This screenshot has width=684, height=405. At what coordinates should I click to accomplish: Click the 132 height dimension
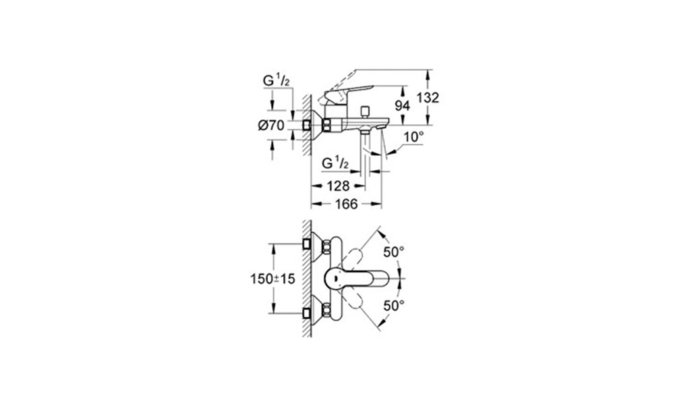[x=428, y=98]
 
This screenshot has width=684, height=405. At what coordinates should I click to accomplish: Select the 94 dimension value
[x=402, y=105]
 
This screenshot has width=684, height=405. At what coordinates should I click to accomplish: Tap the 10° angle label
[x=414, y=137]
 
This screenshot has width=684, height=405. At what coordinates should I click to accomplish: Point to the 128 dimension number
[x=338, y=186]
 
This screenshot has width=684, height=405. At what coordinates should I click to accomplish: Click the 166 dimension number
[x=346, y=204]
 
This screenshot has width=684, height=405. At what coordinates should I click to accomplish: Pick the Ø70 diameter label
[x=271, y=126]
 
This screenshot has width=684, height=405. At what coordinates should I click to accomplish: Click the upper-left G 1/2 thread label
[x=276, y=81]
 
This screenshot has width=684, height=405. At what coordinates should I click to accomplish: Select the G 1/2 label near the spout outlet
[x=335, y=163]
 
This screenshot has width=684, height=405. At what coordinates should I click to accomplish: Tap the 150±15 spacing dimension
[x=273, y=279]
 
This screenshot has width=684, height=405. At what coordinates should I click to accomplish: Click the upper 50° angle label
[x=394, y=252]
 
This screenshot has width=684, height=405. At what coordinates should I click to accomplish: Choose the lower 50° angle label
[x=394, y=306]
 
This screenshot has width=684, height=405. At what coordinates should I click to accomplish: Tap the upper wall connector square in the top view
[x=307, y=244]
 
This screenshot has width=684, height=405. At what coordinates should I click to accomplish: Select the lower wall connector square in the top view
[x=307, y=313]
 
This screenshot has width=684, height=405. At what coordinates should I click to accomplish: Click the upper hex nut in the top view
[x=326, y=248]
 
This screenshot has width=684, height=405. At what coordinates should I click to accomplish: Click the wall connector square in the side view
[x=307, y=126]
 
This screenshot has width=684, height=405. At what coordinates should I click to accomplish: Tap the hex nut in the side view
[x=326, y=126]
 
